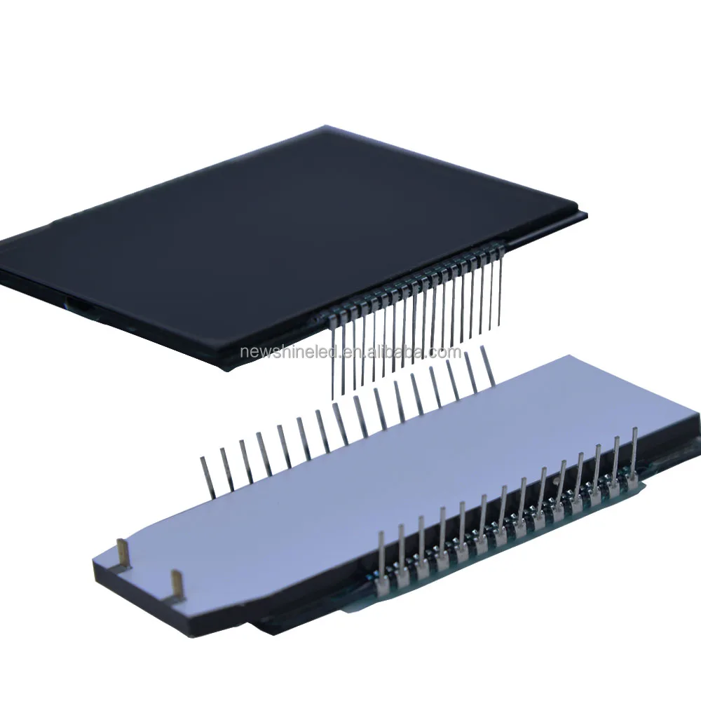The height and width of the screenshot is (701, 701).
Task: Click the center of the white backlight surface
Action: coord(393,484)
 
